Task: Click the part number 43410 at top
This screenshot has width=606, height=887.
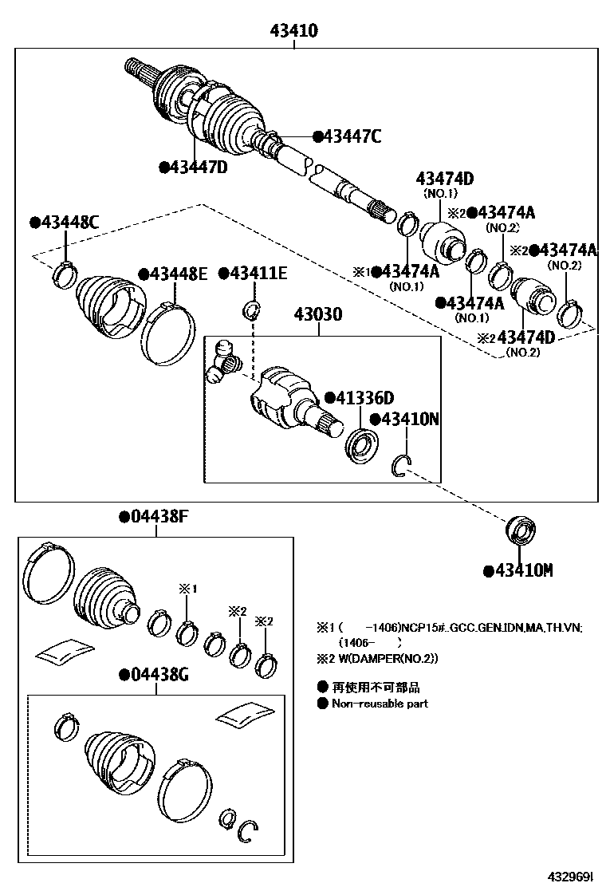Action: tap(294, 31)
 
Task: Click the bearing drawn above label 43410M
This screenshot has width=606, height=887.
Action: tap(523, 530)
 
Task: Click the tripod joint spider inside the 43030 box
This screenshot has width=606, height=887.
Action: tap(223, 360)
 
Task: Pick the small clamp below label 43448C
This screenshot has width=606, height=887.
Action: tap(63, 273)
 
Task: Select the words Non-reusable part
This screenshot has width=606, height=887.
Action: tap(380, 704)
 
